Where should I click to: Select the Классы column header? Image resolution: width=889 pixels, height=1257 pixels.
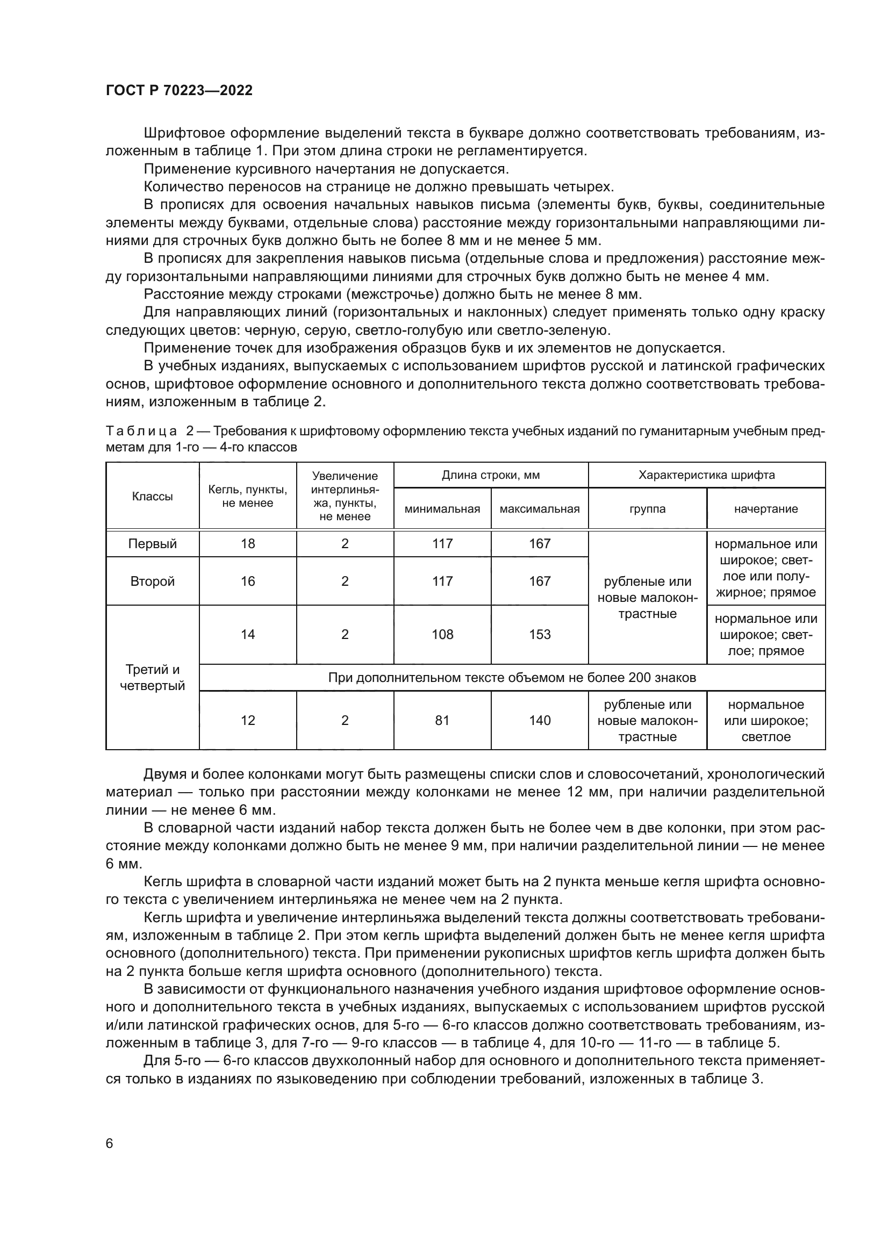tap(152, 497)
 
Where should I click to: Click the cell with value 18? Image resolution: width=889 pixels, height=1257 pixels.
tap(247, 544)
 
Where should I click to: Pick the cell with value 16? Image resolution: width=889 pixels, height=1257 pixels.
tap(247, 581)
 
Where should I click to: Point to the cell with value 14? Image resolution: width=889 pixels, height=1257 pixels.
tap(247, 634)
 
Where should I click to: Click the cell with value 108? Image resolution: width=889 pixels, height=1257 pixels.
tap(442, 634)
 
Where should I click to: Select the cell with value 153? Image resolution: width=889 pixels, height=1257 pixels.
tap(539, 634)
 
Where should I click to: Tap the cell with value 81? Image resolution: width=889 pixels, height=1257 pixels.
tap(442, 720)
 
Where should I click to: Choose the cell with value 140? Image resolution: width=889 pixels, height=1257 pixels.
tap(539, 720)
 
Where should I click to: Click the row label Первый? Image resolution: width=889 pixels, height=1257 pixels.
tap(152, 544)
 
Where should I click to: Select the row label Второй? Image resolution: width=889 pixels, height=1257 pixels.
tap(152, 581)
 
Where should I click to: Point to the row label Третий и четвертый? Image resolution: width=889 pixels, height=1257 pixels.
tap(152, 677)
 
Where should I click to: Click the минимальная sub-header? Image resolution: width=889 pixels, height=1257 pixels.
tap(442, 508)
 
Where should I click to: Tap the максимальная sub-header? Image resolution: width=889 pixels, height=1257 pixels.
tap(539, 508)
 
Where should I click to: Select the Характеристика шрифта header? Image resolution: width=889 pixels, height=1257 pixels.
tap(706, 475)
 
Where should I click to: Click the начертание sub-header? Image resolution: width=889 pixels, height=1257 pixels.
tap(765, 508)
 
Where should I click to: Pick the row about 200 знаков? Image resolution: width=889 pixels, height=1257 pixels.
tap(512, 678)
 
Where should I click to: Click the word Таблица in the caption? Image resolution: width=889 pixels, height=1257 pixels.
tap(141, 431)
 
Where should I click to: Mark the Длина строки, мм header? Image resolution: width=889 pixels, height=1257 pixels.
tap(491, 475)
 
